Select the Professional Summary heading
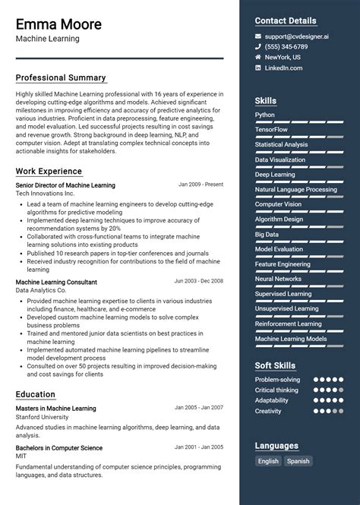61,77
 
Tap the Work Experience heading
49,172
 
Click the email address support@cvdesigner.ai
297,36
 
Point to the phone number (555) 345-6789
286,47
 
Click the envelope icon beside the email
258,36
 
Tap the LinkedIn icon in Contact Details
258,68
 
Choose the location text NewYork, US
283,58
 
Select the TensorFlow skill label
271,130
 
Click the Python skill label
265,115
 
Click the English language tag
268,461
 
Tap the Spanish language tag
298,461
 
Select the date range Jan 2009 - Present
201,185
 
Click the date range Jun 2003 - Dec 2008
198,281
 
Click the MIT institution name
22,457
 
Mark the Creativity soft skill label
268,411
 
